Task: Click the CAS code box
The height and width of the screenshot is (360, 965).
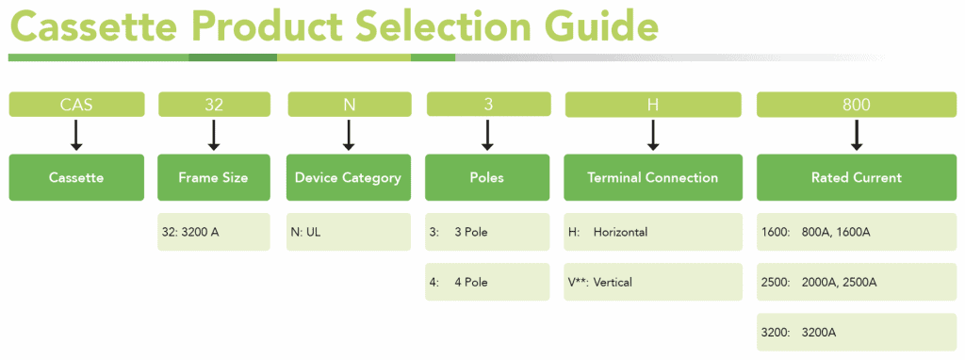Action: [x=77, y=104]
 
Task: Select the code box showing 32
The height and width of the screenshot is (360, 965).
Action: [x=214, y=104]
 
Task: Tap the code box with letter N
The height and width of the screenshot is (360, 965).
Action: [x=349, y=104]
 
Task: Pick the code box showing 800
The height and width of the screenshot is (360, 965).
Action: [x=856, y=104]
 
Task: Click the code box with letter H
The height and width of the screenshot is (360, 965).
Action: [x=653, y=104]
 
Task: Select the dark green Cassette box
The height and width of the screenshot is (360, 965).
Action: [x=77, y=177]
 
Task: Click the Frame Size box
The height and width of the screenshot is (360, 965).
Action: [x=214, y=177]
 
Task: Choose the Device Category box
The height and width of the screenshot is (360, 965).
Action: [x=349, y=177]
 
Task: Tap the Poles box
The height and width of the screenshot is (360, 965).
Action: [x=487, y=177]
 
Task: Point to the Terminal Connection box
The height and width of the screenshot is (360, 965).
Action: [x=652, y=177]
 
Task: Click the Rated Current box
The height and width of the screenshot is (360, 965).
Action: [x=856, y=177]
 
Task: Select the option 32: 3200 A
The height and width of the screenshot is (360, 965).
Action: [x=214, y=232]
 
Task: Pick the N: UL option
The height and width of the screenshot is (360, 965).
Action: [x=349, y=232]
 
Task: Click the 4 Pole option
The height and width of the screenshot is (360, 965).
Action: [x=487, y=282]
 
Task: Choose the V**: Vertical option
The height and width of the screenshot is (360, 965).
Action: [x=652, y=282]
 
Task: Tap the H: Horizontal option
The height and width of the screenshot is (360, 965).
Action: [x=652, y=232]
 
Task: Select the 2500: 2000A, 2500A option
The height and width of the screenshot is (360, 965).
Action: [x=856, y=282]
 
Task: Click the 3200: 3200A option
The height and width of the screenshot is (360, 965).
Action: [x=856, y=332]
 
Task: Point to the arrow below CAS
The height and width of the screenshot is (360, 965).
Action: [x=76, y=135]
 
